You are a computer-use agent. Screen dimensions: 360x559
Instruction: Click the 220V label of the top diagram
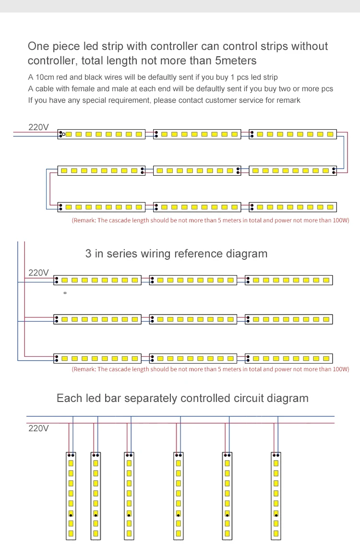click(x=38, y=127)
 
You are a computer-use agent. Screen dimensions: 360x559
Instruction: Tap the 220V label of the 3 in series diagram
click(x=38, y=273)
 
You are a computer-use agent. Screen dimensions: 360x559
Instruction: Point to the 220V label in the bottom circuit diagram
click(x=38, y=428)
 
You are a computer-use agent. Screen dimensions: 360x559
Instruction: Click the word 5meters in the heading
click(x=236, y=61)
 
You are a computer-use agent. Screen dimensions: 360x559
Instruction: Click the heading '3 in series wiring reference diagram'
click(x=177, y=254)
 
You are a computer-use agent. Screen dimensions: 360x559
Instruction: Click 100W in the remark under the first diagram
click(x=340, y=220)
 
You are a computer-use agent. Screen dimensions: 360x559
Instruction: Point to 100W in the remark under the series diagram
click(x=340, y=369)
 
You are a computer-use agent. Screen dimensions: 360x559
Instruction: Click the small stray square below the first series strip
click(x=65, y=293)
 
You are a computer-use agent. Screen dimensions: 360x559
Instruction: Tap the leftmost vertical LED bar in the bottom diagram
click(x=71, y=496)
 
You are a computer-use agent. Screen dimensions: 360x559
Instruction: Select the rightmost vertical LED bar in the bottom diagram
click(x=276, y=496)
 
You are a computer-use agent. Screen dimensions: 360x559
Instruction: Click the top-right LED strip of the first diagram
click(x=293, y=134)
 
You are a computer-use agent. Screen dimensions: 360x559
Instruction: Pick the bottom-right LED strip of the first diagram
click(x=293, y=207)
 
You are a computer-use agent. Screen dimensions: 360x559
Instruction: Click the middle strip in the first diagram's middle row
click(x=197, y=170)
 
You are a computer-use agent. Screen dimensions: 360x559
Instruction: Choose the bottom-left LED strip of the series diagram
click(x=97, y=358)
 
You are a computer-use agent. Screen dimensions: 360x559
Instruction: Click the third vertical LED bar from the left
click(x=129, y=496)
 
